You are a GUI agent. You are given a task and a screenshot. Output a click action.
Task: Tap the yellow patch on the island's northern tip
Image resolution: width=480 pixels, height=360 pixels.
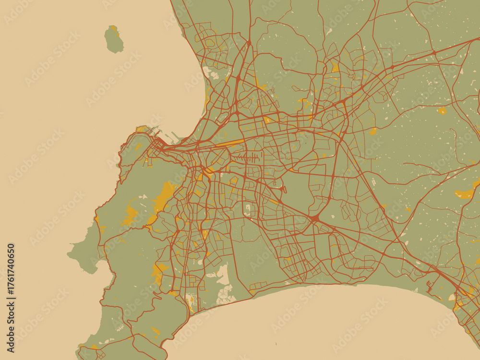[x=114, y=28]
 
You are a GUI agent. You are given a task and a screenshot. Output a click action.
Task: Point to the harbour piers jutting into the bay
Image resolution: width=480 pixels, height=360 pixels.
[x=166, y=136]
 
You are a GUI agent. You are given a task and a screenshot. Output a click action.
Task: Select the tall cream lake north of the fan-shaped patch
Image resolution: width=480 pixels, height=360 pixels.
[x=223, y=274]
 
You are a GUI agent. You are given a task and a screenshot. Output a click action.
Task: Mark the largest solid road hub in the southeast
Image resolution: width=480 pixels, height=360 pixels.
[x=315, y=219]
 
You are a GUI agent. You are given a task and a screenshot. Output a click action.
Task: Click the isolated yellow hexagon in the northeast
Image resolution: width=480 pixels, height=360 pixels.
[x=442, y=111]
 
